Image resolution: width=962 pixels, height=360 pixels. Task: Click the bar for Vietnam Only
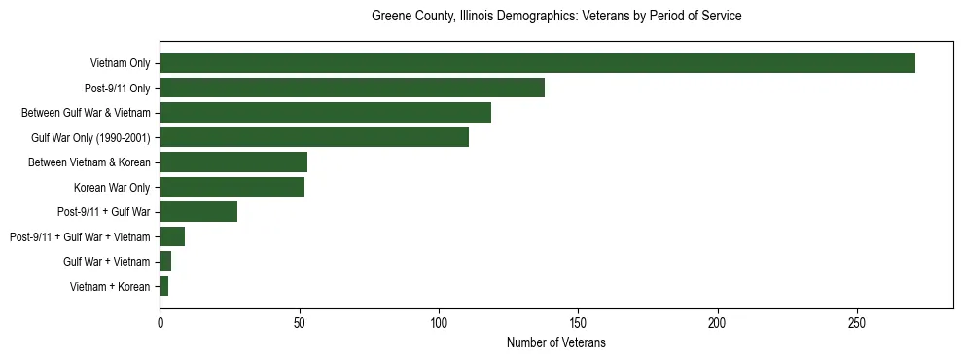(537, 63)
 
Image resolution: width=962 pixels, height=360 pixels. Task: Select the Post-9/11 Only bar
(352, 88)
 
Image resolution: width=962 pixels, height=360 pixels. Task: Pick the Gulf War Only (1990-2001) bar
(314, 137)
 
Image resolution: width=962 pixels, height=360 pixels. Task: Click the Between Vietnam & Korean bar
(233, 162)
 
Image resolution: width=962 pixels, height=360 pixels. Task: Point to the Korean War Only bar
(232, 187)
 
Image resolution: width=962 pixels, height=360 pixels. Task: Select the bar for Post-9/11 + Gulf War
(198, 212)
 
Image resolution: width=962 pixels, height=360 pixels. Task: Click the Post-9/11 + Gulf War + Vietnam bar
(172, 236)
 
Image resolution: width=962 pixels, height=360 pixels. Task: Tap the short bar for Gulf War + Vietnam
(165, 262)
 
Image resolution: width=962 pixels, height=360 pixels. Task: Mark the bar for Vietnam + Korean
(164, 286)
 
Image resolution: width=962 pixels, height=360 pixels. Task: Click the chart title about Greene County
(556, 17)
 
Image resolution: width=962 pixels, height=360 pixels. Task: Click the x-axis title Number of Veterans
(556, 342)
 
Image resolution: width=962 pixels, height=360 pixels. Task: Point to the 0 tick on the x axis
(160, 322)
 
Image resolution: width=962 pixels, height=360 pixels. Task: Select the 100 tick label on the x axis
(439, 322)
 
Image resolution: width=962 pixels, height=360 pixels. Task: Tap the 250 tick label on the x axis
(857, 322)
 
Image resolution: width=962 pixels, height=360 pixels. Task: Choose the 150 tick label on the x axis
(579, 322)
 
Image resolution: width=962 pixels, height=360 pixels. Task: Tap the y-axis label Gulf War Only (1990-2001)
(90, 137)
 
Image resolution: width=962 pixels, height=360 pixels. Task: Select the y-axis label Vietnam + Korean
(110, 286)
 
